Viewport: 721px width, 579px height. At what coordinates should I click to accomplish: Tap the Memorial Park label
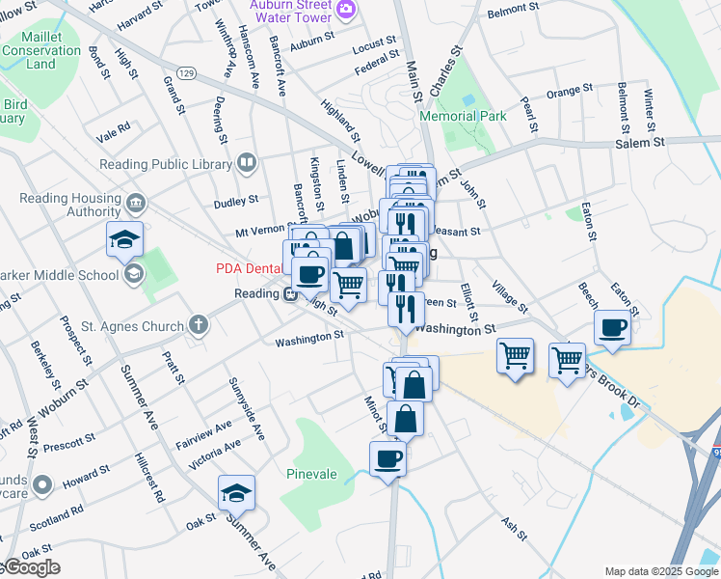[463, 116]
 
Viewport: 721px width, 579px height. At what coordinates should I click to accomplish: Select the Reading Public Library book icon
[248, 162]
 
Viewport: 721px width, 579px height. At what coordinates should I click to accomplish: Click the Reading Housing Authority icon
[136, 204]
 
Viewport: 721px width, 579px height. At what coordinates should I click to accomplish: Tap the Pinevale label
[312, 474]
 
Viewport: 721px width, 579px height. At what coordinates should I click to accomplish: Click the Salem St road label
[640, 142]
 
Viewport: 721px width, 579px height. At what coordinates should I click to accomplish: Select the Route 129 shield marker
[187, 73]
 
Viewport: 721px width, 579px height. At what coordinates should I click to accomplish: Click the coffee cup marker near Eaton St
[613, 329]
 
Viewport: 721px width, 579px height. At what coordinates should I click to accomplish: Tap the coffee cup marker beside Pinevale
[387, 459]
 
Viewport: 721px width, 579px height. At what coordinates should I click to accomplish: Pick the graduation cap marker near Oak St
[236, 494]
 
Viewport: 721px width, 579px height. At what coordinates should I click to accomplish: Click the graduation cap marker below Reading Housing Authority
[124, 240]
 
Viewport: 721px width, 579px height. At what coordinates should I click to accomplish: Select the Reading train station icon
[288, 294]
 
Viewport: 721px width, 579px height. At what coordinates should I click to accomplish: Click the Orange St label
[569, 92]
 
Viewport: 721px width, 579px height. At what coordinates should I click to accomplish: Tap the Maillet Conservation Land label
[40, 50]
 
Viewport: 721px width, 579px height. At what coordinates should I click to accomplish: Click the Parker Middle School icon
[132, 274]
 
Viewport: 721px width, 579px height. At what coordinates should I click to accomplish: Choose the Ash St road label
[512, 524]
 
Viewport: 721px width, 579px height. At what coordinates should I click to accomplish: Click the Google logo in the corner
[31, 567]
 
